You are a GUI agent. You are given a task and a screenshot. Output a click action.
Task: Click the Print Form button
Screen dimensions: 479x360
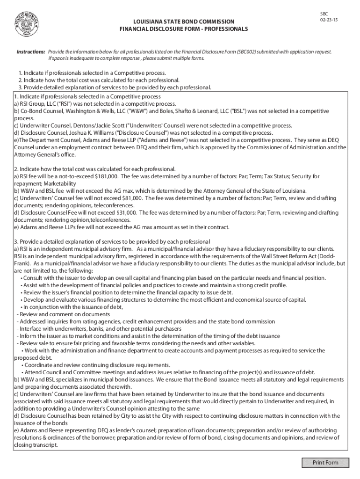point(326,463)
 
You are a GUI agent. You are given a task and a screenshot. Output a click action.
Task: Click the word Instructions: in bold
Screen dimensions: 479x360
point(31,51)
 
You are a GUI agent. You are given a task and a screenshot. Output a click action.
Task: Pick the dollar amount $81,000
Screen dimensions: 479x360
point(134,198)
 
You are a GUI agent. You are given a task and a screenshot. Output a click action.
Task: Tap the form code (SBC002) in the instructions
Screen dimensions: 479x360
point(251,51)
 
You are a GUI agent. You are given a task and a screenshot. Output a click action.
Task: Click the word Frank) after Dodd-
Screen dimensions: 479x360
point(22,263)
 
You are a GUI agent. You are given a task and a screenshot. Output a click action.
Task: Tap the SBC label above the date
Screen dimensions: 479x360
point(324,15)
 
